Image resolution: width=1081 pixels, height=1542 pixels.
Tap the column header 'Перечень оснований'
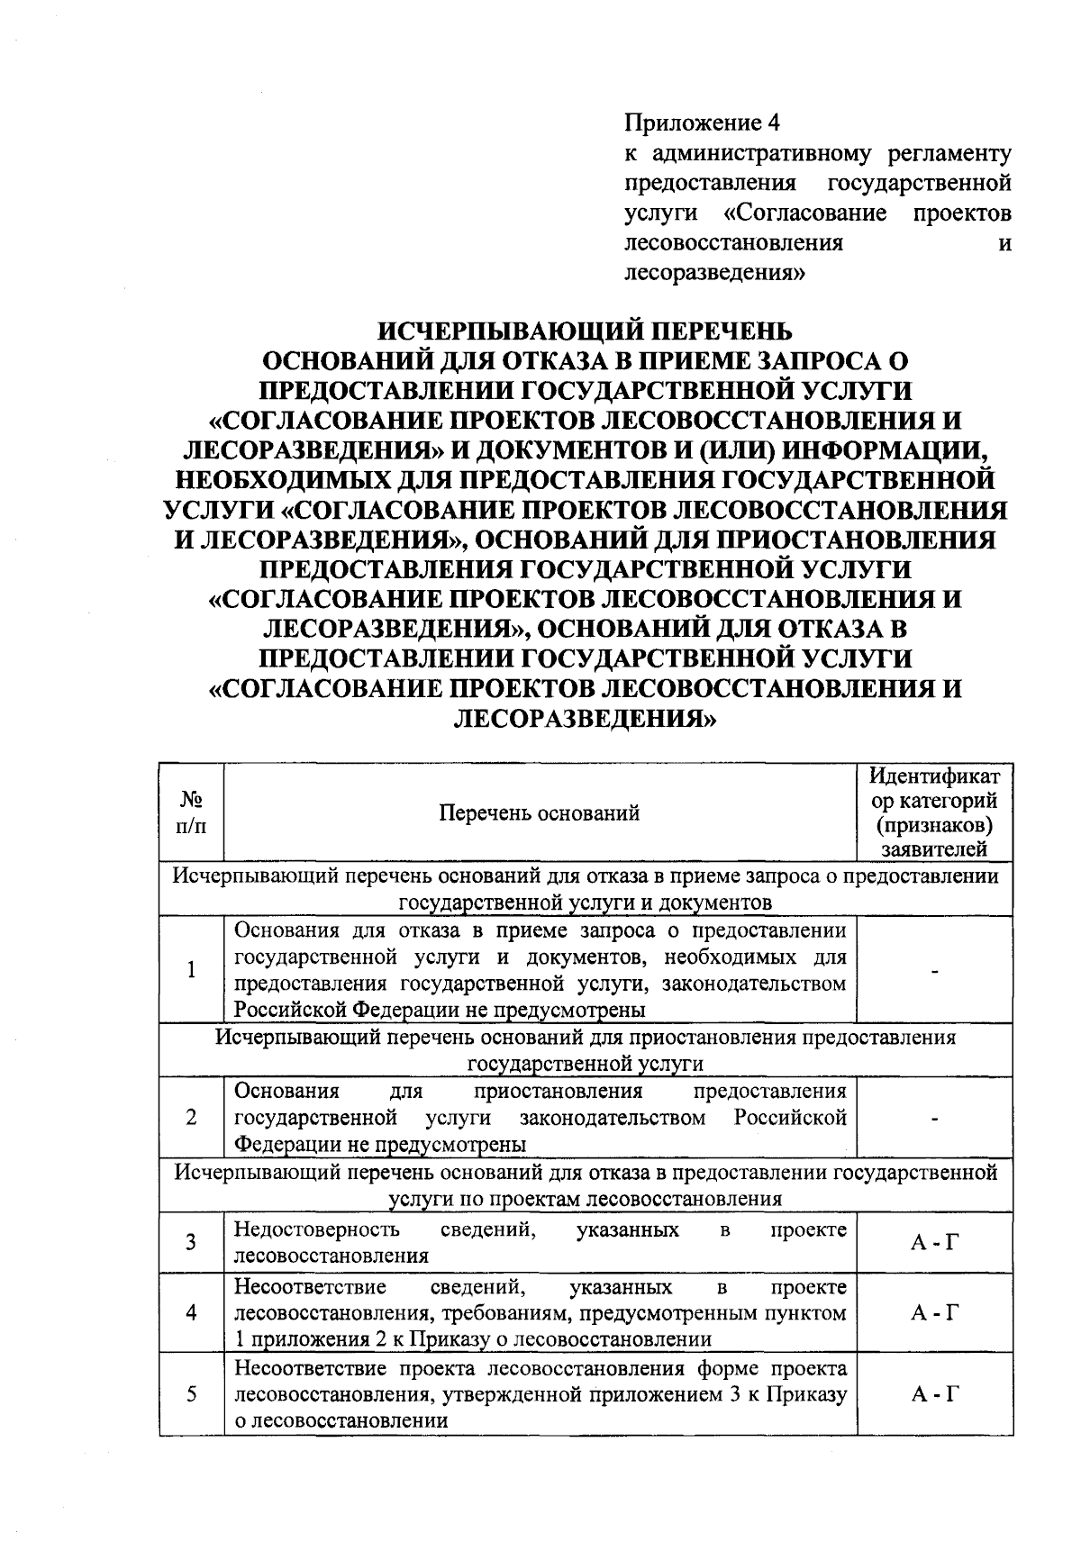pos(539,813)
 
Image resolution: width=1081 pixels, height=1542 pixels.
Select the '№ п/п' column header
pos(191,813)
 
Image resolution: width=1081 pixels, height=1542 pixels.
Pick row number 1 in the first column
pos(191,969)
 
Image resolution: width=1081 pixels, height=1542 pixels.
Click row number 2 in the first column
pos(191,1118)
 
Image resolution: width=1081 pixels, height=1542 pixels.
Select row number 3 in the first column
pos(191,1243)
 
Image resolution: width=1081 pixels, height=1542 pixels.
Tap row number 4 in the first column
pos(191,1312)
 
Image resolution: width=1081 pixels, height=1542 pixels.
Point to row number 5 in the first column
pos(191,1394)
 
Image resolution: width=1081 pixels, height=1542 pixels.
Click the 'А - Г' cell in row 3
pos(933,1243)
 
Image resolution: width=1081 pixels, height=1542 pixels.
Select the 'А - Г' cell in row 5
pos(933,1394)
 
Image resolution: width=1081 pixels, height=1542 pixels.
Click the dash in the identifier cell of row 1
pos(936,971)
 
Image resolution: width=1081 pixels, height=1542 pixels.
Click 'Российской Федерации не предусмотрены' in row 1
pos(440,1010)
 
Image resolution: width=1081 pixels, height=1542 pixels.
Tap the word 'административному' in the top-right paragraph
pos(761,153)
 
